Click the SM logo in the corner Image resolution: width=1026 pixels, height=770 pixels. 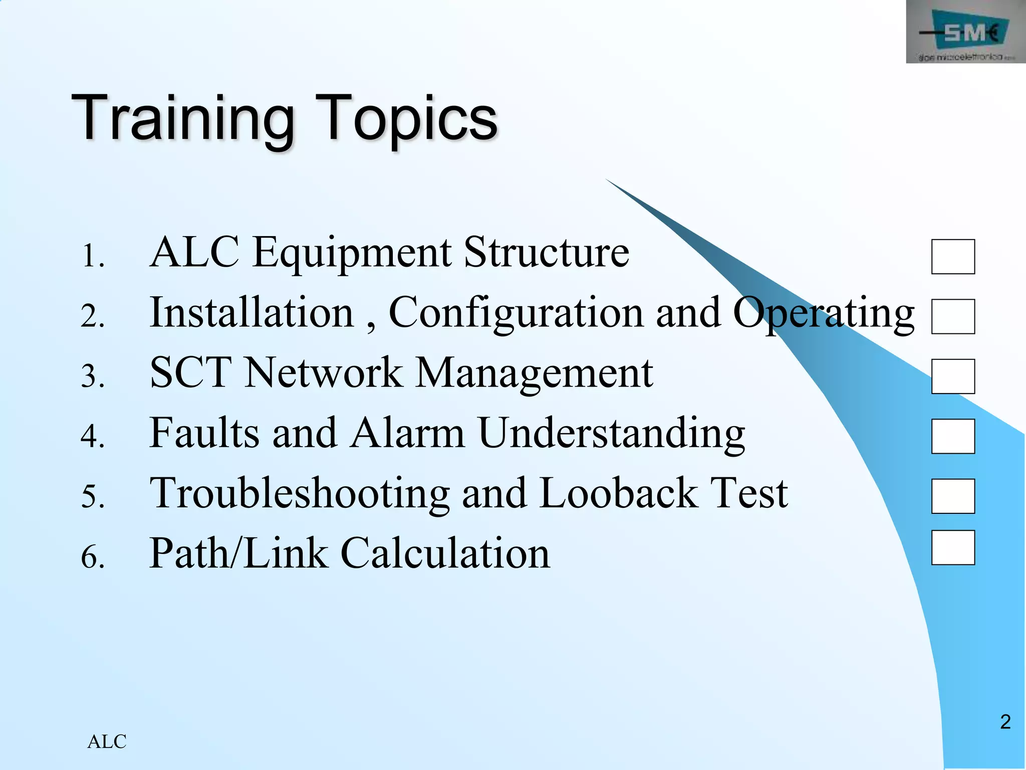pyautogui.click(x=965, y=32)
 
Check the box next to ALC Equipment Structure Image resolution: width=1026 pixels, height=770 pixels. pyautogui.click(x=953, y=257)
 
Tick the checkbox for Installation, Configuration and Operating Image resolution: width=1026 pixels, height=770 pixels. pyautogui.click(x=953, y=316)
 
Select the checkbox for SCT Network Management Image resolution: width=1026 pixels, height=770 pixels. pyautogui.click(x=953, y=376)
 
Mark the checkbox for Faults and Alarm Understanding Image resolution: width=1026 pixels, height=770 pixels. pyautogui.click(x=953, y=436)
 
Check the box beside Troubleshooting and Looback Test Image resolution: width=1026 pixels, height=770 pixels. pyautogui.click(x=953, y=496)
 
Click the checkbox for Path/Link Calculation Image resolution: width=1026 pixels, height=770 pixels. pyautogui.click(x=953, y=547)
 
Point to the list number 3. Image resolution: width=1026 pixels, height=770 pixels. pyautogui.click(x=93, y=376)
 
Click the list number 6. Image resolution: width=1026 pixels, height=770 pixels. pyautogui.click(x=93, y=556)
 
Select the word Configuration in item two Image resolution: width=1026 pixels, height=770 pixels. pyautogui.click(x=516, y=313)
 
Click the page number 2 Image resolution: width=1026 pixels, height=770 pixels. pyautogui.click(x=1005, y=722)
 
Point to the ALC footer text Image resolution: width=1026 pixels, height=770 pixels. pyautogui.click(x=107, y=741)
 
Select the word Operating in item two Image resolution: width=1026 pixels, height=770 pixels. pyautogui.click(x=824, y=313)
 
